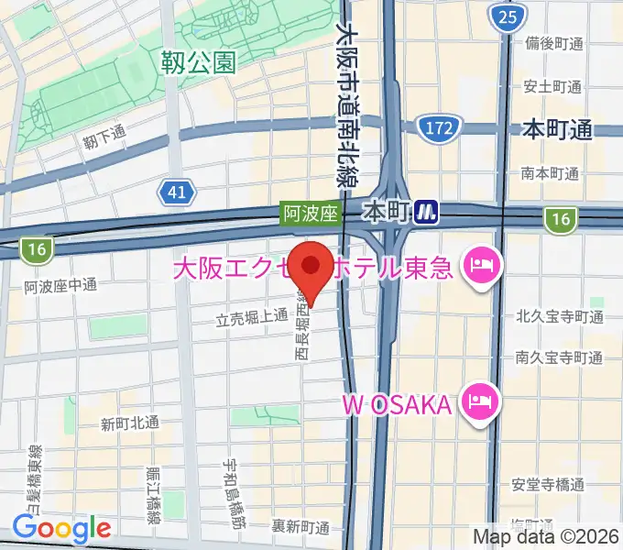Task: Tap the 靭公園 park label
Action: pyautogui.click(x=197, y=62)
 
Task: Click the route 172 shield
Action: pyautogui.click(x=438, y=129)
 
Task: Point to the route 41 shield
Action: pyautogui.click(x=177, y=191)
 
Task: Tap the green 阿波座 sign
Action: pyautogui.click(x=311, y=214)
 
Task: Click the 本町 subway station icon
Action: pyautogui.click(x=425, y=213)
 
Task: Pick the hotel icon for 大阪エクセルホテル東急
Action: pyautogui.click(x=480, y=268)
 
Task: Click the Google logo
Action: pyautogui.click(x=61, y=528)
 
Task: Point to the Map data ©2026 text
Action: pyautogui.click(x=546, y=536)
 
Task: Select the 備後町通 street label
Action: pyautogui.click(x=553, y=44)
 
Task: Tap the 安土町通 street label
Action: pyautogui.click(x=553, y=87)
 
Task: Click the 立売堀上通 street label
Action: pyautogui.click(x=252, y=318)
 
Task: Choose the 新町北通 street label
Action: pyautogui.click(x=130, y=423)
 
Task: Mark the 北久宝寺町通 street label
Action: pyautogui.click(x=559, y=318)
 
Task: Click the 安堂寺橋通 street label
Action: pyautogui.click(x=549, y=485)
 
